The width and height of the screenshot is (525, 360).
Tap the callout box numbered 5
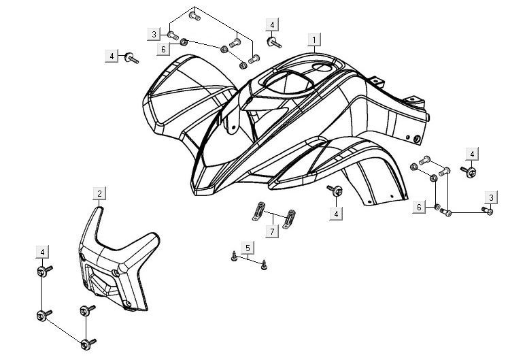(x=248, y=246)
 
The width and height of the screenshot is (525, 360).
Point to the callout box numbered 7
(x=272, y=233)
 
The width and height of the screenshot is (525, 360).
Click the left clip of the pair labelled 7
(x=257, y=211)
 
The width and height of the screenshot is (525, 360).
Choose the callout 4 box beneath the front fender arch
(x=335, y=214)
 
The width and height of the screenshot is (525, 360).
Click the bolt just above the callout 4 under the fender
(x=335, y=191)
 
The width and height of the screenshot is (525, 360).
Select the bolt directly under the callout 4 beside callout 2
(x=42, y=272)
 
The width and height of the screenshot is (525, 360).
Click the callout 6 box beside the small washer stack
(x=420, y=206)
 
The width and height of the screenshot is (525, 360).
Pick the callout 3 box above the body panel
(x=154, y=34)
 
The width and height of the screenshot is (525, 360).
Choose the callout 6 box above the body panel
(x=164, y=49)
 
